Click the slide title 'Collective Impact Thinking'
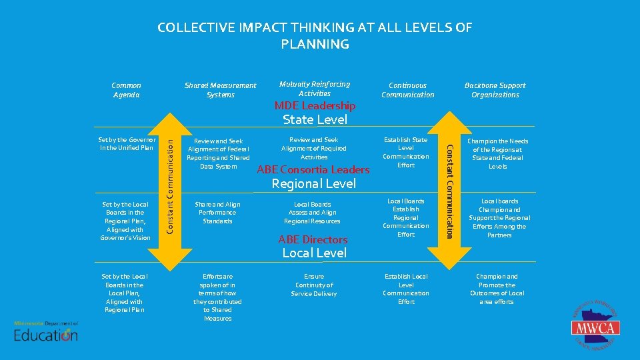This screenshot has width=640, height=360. coord(315,36)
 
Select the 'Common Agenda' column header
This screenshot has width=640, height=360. coord(126,90)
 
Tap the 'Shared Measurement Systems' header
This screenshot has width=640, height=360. coord(220,90)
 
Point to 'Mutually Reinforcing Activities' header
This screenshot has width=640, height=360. coord(314,89)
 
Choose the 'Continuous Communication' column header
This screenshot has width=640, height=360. coord(407,90)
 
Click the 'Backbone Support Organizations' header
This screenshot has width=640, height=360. coord(495,90)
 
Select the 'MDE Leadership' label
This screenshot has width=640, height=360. coord(315,105)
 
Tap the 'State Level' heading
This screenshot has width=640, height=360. coord(315,120)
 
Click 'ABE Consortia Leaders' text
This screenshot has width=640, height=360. coord(313,169)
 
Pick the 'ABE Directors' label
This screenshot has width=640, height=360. coord(313,239)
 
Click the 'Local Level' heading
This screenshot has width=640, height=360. coord(314,253)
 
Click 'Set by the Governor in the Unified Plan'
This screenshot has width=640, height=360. coord(126,143)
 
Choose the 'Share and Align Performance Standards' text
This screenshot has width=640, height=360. coord(217,213)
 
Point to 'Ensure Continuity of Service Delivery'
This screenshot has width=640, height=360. coord(314,285)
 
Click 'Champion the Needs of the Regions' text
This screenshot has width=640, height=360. coord(497,154)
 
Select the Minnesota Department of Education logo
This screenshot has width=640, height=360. coord(46,331)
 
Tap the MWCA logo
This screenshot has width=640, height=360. coord(595,327)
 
